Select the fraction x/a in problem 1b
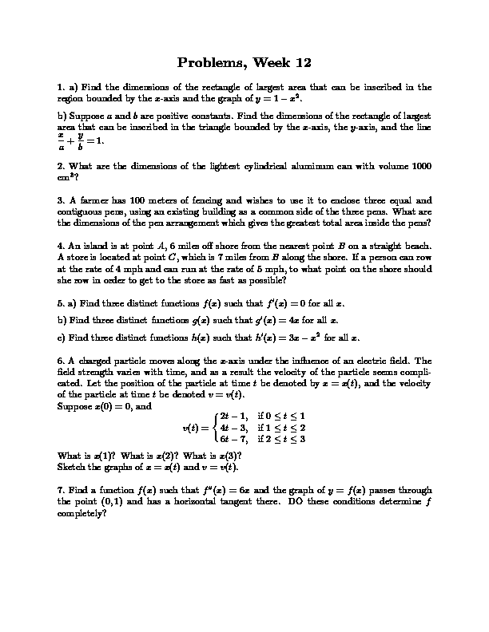(62, 141)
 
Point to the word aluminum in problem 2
(297, 165)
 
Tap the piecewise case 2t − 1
(236, 417)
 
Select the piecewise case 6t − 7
(236, 439)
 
